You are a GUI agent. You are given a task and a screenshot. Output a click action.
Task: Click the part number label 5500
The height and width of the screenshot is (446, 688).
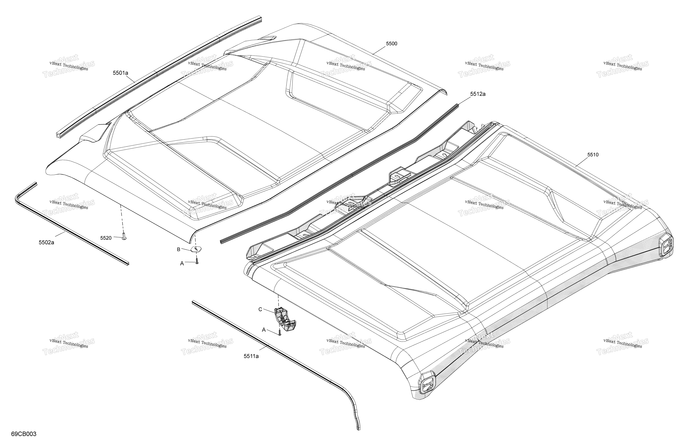click(x=391, y=44)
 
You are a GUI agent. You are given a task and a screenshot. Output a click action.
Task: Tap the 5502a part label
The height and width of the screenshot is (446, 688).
click(x=47, y=243)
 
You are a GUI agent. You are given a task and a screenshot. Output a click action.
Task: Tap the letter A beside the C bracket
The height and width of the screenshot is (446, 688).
click(x=264, y=330)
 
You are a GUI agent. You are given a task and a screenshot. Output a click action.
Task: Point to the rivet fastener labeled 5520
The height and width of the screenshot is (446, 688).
click(x=124, y=236)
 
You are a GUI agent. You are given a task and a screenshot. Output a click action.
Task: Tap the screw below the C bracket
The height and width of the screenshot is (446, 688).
click(x=279, y=333)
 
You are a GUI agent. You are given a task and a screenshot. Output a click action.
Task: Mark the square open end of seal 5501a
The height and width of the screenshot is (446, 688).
click(x=59, y=135)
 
